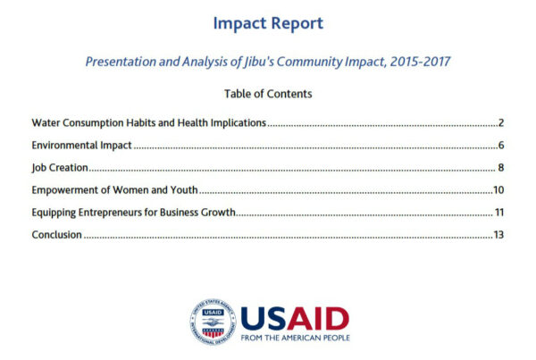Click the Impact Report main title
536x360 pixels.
pyautogui.click(x=268, y=23)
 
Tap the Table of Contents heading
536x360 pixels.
pyautogui.click(x=268, y=94)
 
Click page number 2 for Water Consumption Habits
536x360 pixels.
pyautogui.click(x=501, y=122)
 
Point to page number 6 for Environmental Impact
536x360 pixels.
pyautogui.click(x=501, y=146)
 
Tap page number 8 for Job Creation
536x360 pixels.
pyautogui.click(x=501, y=168)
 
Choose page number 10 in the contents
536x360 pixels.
pyautogui.click(x=498, y=190)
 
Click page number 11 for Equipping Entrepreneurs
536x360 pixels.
pyautogui.click(x=499, y=213)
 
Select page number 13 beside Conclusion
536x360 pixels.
pyautogui.click(x=498, y=235)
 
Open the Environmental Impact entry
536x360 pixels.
pyautogui.click(x=81, y=146)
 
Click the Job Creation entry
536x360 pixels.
pyautogui.click(x=60, y=168)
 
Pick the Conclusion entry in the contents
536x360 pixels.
pyautogui.click(x=57, y=235)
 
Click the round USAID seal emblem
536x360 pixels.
pyautogui.click(x=213, y=322)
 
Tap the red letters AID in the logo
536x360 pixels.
pyautogui.click(x=317, y=318)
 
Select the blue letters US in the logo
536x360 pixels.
pyautogui.click(x=264, y=318)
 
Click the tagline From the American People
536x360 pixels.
pyautogui.click(x=296, y=338)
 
